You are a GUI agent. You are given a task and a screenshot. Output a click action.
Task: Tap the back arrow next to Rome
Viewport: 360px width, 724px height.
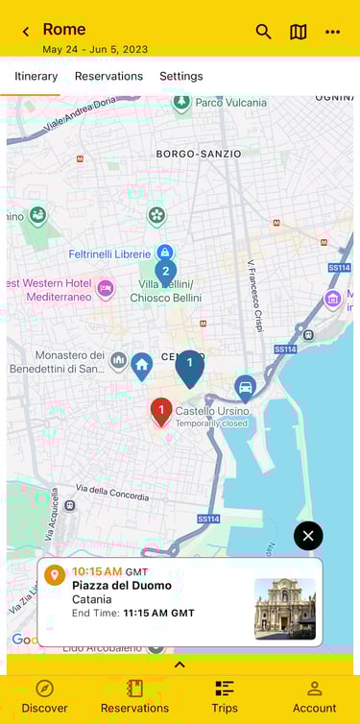click(26, 32)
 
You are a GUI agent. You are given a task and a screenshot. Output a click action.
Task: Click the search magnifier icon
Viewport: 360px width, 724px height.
click(263, 32)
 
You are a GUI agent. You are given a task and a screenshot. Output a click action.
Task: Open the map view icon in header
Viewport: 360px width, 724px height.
click(299, 32)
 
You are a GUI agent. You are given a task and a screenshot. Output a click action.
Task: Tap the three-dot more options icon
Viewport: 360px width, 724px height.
click(332, 32)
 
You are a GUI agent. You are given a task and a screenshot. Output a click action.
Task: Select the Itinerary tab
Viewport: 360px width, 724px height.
click(36, 76)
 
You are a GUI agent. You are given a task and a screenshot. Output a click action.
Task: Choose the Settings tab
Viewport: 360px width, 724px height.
click(180, 76)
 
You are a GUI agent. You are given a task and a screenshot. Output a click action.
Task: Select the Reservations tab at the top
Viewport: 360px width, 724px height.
click(108, 76)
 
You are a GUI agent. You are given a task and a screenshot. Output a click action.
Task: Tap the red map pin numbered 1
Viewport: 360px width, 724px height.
click(161, 411)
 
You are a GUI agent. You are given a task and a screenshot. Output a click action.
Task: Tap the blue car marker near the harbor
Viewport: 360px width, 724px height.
click(245, 387)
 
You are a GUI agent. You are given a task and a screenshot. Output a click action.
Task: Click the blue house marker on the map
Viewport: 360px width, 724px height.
click(142, 364)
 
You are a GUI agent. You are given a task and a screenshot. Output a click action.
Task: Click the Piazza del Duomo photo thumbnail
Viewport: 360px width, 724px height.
click(284, 609)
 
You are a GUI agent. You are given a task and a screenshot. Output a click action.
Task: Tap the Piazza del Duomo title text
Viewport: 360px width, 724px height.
click(122, 586)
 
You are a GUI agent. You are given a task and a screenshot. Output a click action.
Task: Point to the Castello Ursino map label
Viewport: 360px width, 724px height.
click(213, 411)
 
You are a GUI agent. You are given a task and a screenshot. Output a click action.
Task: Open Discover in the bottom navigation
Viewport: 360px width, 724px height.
click(44, 696)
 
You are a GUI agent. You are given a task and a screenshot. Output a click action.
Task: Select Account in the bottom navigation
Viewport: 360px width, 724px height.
click(314, 696)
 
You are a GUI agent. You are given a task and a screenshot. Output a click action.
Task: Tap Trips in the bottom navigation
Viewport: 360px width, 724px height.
click(225, 696)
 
